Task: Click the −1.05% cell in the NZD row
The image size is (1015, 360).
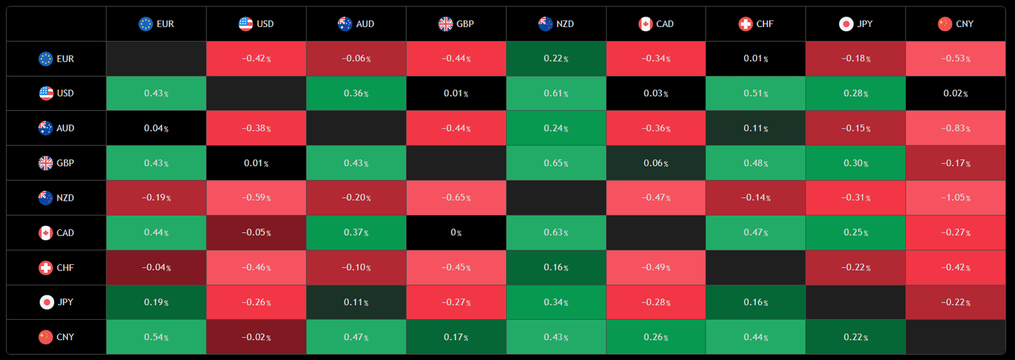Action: (956, 198)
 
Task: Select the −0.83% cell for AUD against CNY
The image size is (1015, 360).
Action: (956, 128)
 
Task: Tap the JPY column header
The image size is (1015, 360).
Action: (855, 24)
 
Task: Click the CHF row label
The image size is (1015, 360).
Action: (56, 268)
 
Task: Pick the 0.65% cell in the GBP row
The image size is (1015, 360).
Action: (556, 163)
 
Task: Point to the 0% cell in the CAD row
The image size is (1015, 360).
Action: (456, 233)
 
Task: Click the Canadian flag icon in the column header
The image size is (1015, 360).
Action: (645, 24)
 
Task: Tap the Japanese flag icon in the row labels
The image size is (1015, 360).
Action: (46, 303)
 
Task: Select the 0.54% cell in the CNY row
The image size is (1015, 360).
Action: (156, 337)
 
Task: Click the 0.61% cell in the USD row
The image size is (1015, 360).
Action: (556, 93)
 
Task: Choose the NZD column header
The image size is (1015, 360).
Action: (556, 24)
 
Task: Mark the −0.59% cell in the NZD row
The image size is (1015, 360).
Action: (256, 198)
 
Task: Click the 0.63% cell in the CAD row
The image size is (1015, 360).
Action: (556, 233)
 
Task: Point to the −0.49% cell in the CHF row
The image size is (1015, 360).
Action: (656, 268)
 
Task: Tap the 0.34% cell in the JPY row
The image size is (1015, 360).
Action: (556, 303)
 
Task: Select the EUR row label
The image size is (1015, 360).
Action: (56, 59)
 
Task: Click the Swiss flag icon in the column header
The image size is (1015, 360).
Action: (745, 24)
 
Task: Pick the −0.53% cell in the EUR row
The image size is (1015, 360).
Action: (956, 59)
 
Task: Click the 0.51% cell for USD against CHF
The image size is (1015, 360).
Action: (755, 93)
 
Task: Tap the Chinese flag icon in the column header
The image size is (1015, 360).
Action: (945, 24)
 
